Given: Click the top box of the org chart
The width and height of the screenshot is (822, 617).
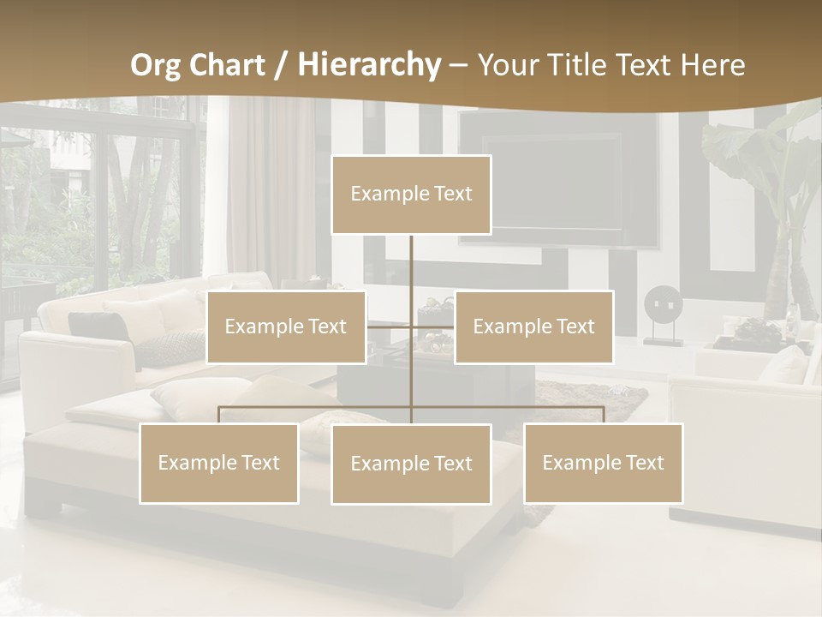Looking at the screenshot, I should coord(411,195).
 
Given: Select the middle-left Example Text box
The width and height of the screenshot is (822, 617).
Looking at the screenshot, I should coord(286,326).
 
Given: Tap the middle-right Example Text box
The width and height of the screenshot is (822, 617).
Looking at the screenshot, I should coord(533,326).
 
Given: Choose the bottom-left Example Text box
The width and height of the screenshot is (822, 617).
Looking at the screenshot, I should coord(219,463).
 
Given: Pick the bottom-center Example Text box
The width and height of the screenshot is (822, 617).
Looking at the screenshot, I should coord(411,464).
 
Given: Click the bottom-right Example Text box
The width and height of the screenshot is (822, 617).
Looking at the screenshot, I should coord(603,463).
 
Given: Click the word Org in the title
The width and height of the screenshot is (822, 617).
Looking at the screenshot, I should coord(157,65).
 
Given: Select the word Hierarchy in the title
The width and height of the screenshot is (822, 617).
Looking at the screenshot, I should coord(369,65).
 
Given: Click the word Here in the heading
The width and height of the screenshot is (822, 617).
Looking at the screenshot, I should coord(712,65).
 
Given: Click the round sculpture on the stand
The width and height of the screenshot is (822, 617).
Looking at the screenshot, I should coord(664,304).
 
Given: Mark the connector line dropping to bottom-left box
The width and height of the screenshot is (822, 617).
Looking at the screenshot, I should coord(219,415).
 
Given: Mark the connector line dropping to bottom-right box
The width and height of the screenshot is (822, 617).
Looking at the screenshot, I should coord(604,415).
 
